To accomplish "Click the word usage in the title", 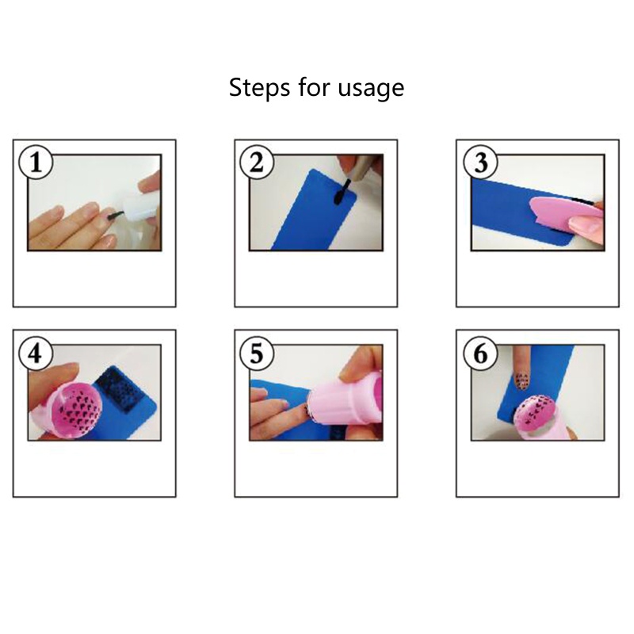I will coord(372,89).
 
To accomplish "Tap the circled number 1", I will coord(35,163).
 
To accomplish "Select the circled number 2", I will coord(256,163).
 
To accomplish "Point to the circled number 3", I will coord(478,163).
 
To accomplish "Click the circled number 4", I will coord(35,353).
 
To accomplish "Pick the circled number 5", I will coord(256,353).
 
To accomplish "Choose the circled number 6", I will coord(478,353).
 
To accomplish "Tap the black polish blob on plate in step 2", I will coord(339,194).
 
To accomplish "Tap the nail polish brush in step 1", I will coord(113,215).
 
